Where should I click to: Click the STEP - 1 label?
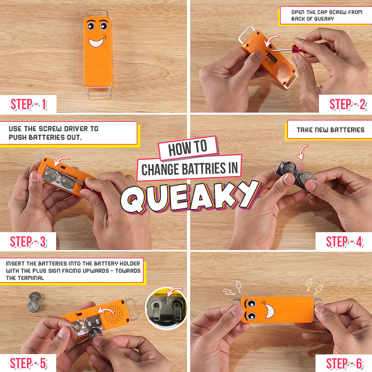[x=29, y=104]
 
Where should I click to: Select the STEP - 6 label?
[x=344, y=363]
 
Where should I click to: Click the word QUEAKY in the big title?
[x=190, y=197]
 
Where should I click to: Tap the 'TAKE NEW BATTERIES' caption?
[x=330, y=130]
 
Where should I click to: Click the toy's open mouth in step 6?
[x=269, y=309]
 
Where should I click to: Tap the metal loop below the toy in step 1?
[x=98, y=92]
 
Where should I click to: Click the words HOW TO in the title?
[x=188, y=148]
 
